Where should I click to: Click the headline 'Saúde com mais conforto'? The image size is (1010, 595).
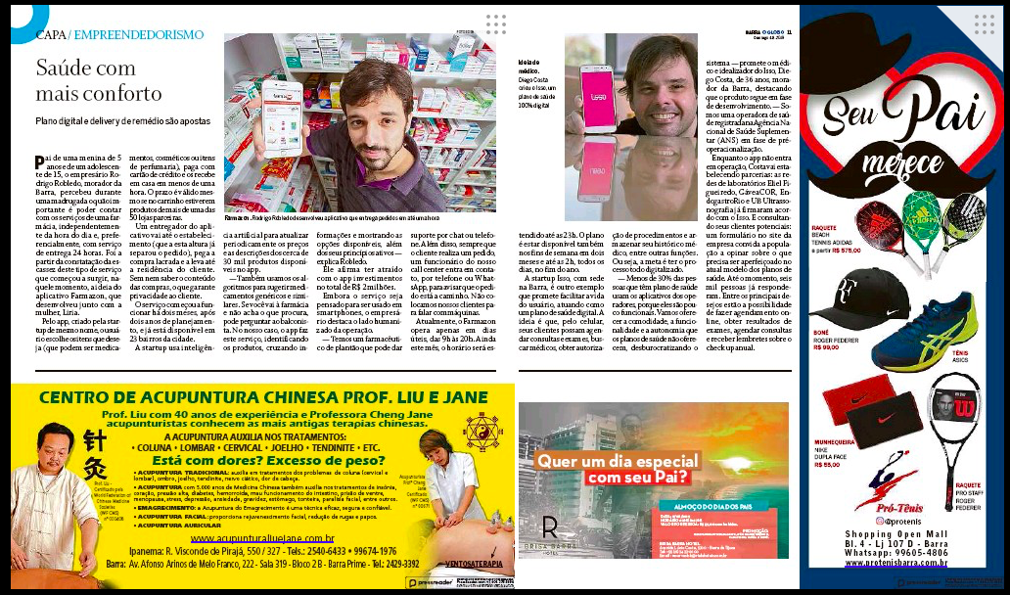(99, 81)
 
